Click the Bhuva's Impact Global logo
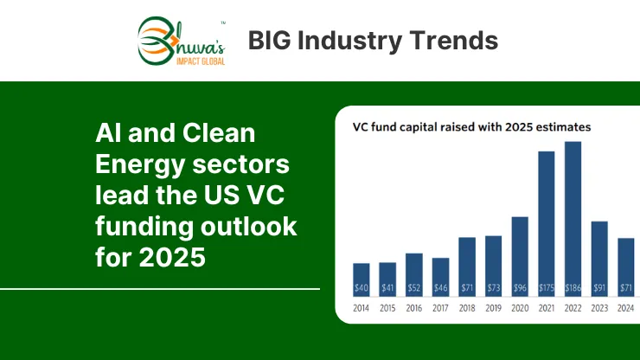coord(182,42)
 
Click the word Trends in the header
coord(454,41)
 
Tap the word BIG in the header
coord(269,41)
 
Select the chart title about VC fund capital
coord(471,127)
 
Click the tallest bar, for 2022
coord(573,219)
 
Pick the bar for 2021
coord(546,224)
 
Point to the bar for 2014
coord(362,280)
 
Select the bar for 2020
coord(520,257)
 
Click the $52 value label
coord(414,288)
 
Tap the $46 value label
coord(440,288)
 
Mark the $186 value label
coord(573,288)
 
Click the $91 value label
coord(599,288)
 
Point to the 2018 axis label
coord(467,308)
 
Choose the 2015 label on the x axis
coord(387,308)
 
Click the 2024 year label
coord(625,308)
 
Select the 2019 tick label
coord(494,308)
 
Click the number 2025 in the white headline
coord(172,257)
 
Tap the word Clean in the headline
coord(219,132)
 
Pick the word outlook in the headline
coord(248,226)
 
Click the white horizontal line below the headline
coord(160,289)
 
